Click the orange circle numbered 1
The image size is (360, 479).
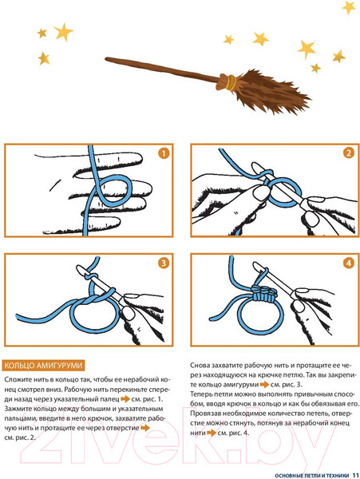[164, 153]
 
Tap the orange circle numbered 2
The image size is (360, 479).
[349, 152]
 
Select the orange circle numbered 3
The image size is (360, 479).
[164, 263]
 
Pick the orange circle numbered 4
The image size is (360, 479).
[349, 263]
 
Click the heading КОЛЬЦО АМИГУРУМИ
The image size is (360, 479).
[43, 366]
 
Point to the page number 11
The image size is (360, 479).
[355, 475]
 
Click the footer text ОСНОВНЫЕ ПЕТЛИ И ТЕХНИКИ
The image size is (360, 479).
[312, 476]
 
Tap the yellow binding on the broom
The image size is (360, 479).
[231, 83]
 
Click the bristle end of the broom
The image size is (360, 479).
[309, 100]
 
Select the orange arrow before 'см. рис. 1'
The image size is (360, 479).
[125, 399]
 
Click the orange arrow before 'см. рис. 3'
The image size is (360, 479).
[264, 385]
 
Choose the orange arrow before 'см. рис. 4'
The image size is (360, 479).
[212, 433]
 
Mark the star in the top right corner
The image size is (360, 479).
[349, 7]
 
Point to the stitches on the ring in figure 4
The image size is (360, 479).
[264, 294]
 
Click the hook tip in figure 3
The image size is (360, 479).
[80, 269]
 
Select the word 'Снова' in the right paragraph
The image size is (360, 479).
[200, 366]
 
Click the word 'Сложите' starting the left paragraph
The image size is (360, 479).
[18, 380]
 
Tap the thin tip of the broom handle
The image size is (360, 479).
[107, 58]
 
